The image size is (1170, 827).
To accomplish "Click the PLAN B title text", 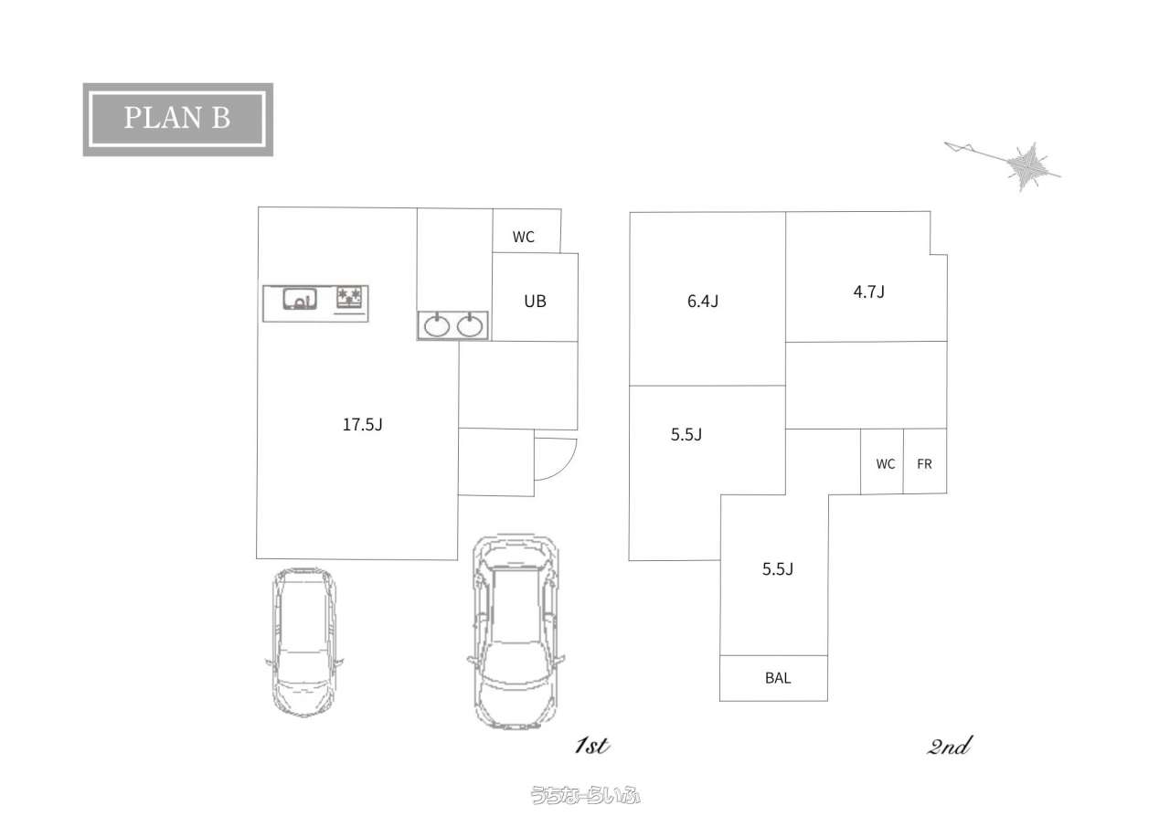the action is [177, 118].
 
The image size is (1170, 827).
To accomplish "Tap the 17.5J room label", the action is [363, 424].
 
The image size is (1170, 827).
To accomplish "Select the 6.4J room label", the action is [703, 302].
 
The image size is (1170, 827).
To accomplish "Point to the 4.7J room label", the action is [869, 292].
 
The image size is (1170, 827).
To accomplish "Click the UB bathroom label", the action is [535, 302].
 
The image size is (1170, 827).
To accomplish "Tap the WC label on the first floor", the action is [524, 237].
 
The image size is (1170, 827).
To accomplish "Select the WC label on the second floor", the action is [886, 464].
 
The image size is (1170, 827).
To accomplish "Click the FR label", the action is [924, 464].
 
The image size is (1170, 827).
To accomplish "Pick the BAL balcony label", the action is [778, 678].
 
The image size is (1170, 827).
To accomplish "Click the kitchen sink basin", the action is [300, 299].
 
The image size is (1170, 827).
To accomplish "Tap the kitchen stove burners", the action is [350, 298].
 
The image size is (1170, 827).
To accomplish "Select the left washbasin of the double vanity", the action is [437, 326].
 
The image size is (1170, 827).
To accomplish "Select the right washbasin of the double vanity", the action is [470, 326].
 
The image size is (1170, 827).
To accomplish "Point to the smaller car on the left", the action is [304, 642].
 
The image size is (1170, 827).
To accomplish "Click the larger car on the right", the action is [516, 631].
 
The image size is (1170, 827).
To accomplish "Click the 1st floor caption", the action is [592, 746].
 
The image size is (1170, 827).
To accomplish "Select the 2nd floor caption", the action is [950, 746].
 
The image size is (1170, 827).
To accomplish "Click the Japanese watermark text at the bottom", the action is [585, 796].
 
